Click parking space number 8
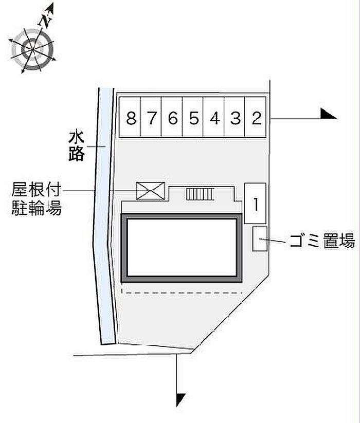pos(131,118)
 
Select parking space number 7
pos(151,118)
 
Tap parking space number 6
pos(172,118)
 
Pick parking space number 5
pos(193,118)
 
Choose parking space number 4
pos(214,118)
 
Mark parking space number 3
pos(235,118)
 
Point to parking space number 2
pos(256,118)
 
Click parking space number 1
pos(255,204)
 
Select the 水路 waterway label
pos(76,146)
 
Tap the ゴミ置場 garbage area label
pos(321,240)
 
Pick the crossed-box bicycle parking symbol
pos(151,191)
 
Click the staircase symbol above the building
pos(200,194)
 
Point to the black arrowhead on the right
pos(328,114)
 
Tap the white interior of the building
pos(182,247)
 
